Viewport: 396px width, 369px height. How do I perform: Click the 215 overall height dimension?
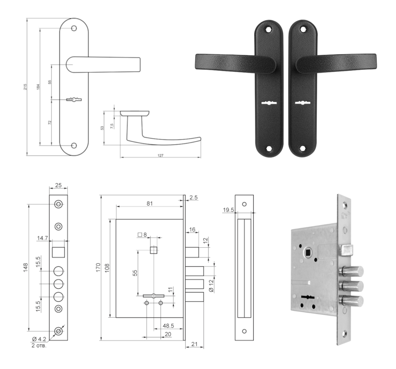click(25, 87)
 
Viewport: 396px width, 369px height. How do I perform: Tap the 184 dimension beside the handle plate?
click(39, 87)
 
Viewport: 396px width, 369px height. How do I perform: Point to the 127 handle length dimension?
click(160, 155)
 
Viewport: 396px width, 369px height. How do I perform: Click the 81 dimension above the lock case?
click(150, 204)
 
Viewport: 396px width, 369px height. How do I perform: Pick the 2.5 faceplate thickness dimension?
click(193, 198)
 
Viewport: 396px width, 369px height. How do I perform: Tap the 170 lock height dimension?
click(98, 267)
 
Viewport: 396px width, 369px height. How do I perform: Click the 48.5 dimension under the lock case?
click(168, 326)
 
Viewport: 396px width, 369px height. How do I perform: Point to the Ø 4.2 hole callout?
click(39, 339)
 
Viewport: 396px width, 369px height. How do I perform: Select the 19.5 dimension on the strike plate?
click(228, 210)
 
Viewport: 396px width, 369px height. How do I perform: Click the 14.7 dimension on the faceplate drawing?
click(43, 238)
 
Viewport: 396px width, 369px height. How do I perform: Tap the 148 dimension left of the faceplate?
click(25, 267)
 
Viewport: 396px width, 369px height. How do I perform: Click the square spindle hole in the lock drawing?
click(154, 250)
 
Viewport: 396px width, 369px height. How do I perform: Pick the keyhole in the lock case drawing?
click(154, 296)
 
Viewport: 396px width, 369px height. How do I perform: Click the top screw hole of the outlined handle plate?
click(74, 28)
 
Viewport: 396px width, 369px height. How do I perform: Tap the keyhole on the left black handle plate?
click(269, 103)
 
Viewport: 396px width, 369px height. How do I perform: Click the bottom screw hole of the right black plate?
click(302, 149)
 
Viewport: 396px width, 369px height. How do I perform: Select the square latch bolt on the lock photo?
click(346, 250)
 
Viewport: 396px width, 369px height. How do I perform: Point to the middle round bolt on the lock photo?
click(352, 286)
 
